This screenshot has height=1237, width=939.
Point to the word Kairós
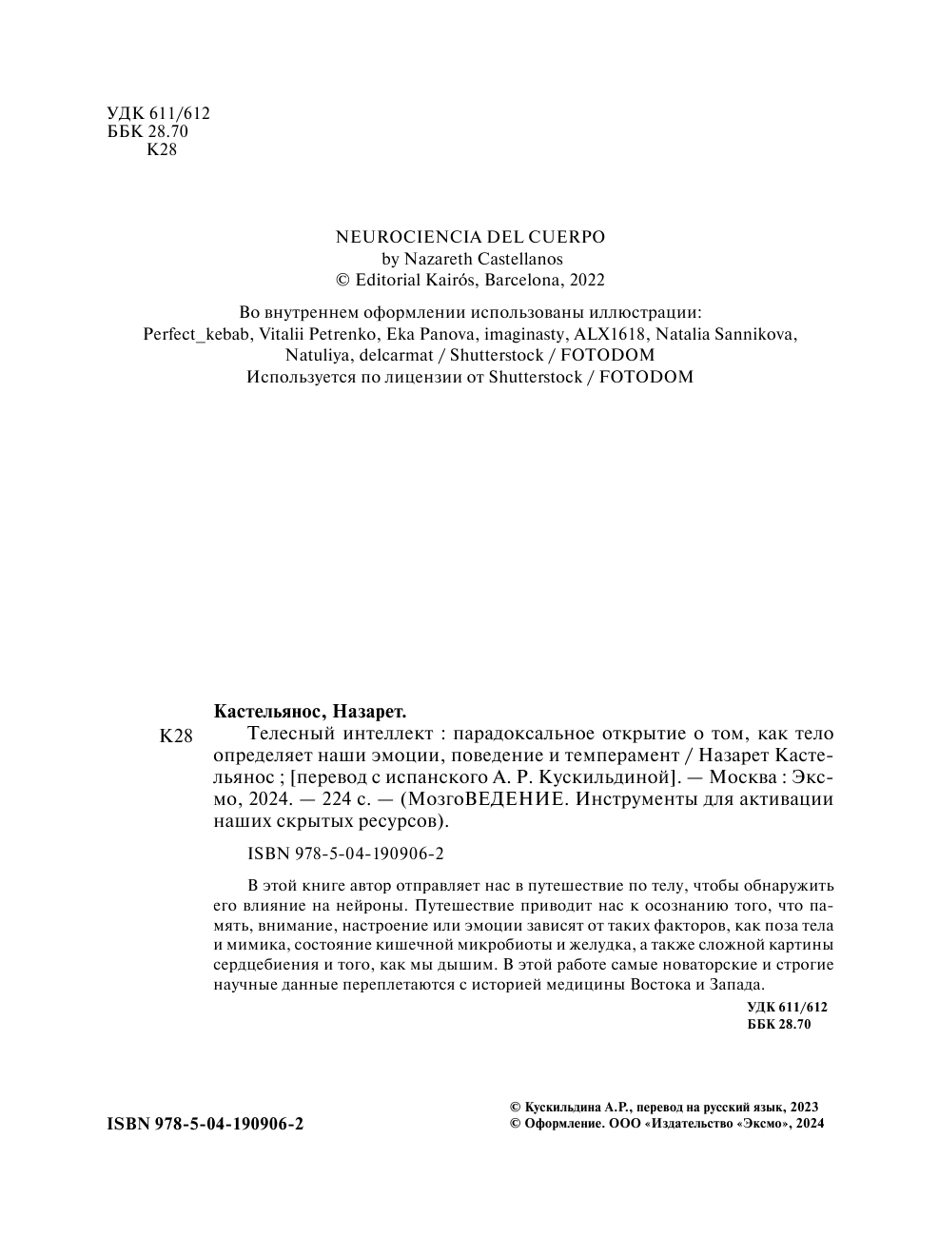pos(452,280)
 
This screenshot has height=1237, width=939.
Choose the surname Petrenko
pos(344,334)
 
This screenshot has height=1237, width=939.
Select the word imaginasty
pos(525,334)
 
